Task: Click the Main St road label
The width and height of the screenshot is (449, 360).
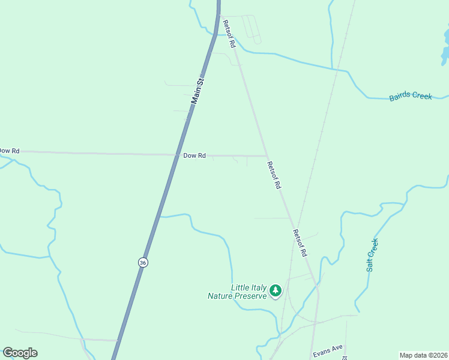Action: (x=198, y=91)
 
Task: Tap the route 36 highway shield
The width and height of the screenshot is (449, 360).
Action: (x=142, y=262)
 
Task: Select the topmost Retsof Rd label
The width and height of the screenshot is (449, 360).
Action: (x=229, y=34)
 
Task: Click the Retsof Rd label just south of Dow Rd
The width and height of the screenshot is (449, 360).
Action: (x=274, y=176)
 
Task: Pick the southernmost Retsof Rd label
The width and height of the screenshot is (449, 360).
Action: (x=300, y=243)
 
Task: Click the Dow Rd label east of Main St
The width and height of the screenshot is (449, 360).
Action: (x=194, y=155)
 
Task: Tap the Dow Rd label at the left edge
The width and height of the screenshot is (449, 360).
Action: (x=9, y=151)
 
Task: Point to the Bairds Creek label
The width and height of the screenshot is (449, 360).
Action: (x=411, y=96)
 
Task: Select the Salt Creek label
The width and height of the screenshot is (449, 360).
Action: (x=373, y=255)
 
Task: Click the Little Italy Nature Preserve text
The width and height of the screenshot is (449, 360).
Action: (x=237, y=292)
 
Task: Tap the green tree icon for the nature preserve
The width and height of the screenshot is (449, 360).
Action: (x=276, y=291)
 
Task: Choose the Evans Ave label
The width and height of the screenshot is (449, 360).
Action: (x=327, y=348)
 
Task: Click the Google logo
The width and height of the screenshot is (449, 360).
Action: (x=20, y=353)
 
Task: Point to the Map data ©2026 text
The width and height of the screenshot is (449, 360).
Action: (x=424, y=355)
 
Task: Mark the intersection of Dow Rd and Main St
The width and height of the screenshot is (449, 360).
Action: (x=178, y=155)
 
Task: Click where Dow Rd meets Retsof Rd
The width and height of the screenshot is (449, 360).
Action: (x=267, y=156)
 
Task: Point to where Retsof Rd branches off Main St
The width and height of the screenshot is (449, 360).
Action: (x=218, y=13)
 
